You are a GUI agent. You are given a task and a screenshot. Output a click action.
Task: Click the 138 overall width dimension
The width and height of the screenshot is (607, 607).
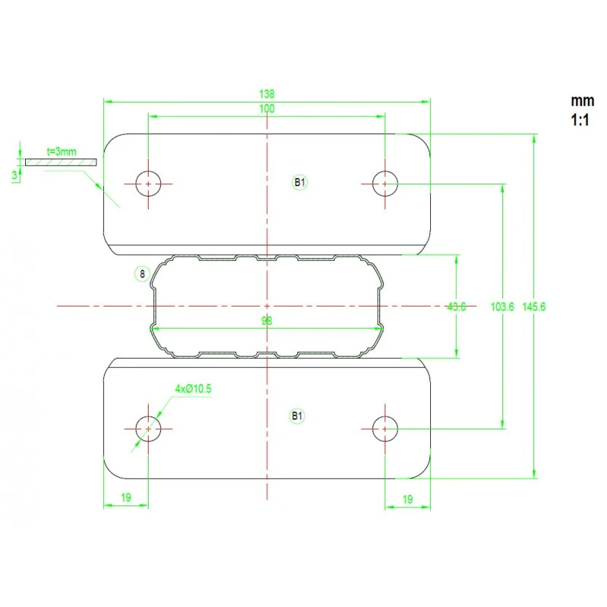click(266, 94)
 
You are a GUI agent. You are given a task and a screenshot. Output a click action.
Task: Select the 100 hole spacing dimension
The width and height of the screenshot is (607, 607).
click(266, 109)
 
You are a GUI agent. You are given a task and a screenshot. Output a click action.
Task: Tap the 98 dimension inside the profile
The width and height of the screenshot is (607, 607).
click(266, 321)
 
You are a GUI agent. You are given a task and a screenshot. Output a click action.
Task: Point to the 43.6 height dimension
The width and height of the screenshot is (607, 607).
click(456, 307)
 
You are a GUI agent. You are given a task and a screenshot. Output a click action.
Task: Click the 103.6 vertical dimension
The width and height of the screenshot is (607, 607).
click(502, 307)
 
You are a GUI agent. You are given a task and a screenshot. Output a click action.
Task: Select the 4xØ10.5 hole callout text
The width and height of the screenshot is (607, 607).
click(193, 388)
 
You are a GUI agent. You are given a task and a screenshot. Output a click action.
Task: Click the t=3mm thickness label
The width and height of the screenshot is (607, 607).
click(61, 152)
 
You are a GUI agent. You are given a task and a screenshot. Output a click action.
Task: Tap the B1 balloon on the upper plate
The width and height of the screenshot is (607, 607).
click(300, 182)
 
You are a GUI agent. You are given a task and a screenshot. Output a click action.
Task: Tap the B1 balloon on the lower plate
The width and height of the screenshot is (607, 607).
click(297, 415)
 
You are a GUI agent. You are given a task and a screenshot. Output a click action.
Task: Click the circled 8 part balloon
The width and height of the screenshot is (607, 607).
click(141, 274)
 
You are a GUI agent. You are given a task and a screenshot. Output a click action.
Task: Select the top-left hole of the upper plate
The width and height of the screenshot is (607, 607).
click(149, 184)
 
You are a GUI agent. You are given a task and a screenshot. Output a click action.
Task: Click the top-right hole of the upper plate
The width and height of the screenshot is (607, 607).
click(385, 184)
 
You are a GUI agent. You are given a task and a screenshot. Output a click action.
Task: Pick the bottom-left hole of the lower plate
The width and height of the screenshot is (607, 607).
click(149, 429)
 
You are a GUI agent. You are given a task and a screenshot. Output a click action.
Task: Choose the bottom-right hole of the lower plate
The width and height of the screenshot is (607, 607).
click(385, 429)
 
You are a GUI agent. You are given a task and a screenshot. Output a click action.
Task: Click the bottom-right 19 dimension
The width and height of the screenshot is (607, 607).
click(407, 499)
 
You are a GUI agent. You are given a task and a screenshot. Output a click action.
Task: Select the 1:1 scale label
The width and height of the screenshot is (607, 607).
click(580, 119)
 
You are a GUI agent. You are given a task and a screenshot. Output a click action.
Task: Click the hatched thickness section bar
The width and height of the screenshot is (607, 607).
click(61, 162)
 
